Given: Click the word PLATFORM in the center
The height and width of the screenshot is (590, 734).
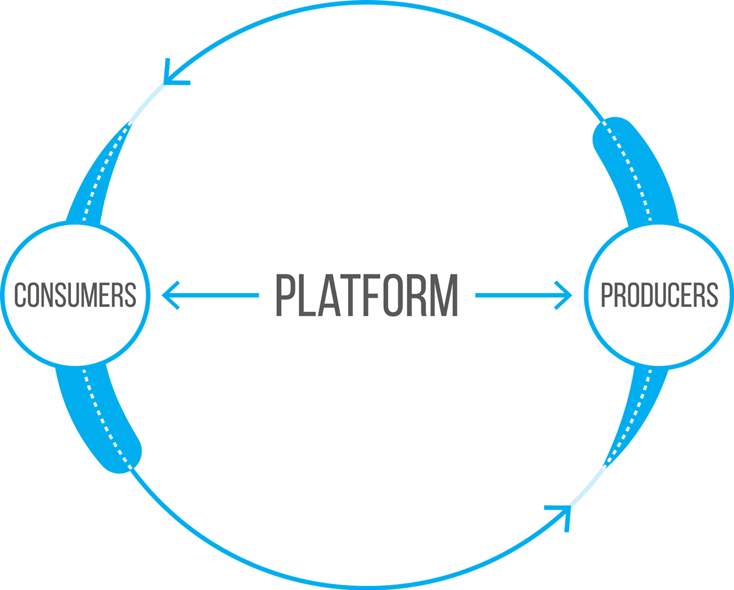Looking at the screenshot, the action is coord(366,296).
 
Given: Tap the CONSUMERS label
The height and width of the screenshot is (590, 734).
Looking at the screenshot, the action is coord(75,294).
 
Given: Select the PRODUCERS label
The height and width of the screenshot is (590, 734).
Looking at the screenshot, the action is coord(659,294).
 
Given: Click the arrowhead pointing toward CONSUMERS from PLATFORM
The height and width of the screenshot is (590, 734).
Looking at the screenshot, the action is coord(170,296).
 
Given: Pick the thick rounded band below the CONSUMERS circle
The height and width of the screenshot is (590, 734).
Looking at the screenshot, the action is coord(99,418).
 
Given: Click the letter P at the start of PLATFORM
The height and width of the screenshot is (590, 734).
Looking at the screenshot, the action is coord(284,296).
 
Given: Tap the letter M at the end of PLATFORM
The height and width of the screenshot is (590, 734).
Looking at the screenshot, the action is coord(444,296).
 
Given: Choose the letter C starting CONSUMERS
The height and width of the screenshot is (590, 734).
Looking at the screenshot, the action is coord(20,294).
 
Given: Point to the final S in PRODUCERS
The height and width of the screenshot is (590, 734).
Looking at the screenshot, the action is coord(713,294).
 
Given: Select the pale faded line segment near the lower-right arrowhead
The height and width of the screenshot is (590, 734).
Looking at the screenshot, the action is coord(587,487).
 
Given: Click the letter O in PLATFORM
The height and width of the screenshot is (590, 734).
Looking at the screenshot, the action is coord(393,296).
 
